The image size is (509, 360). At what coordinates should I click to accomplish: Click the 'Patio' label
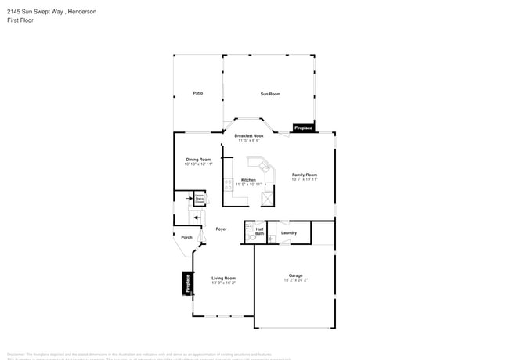(x=198, y=93)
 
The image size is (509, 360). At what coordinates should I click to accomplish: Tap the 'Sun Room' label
(x=270, y=94)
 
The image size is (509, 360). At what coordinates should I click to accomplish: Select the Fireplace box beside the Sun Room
(x=303, y=128)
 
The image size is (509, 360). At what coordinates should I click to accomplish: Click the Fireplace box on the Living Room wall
(x=188, y=283)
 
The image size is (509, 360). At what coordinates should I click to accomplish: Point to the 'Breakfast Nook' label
(x=249, y=136)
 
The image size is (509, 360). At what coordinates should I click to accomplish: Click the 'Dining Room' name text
(x=198, y=159)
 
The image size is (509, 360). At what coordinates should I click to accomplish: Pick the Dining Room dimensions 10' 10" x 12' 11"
(x=198, y=164)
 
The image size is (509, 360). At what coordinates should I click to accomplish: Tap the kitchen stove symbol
(x=229, y=185)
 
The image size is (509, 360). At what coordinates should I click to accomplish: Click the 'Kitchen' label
(x=248, y=180)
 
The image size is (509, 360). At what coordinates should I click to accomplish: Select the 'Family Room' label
(x=305, y=175)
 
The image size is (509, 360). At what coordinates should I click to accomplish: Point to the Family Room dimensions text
(x=305, y=179)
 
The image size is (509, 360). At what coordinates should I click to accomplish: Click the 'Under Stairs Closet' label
(x=200, y=199)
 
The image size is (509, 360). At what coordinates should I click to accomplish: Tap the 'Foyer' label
(x=222, y=229)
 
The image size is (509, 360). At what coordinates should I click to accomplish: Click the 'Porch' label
(x=186, y=237)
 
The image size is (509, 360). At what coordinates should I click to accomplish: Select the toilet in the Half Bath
(x=252, y=235)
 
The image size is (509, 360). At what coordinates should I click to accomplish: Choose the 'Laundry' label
(x=289, y=232)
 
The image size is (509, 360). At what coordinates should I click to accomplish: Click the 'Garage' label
(x=295, y=275)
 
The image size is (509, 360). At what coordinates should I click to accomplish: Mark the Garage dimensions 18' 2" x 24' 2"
(x=295, y=280)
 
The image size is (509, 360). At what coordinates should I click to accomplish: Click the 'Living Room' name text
(x=223, y=278)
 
